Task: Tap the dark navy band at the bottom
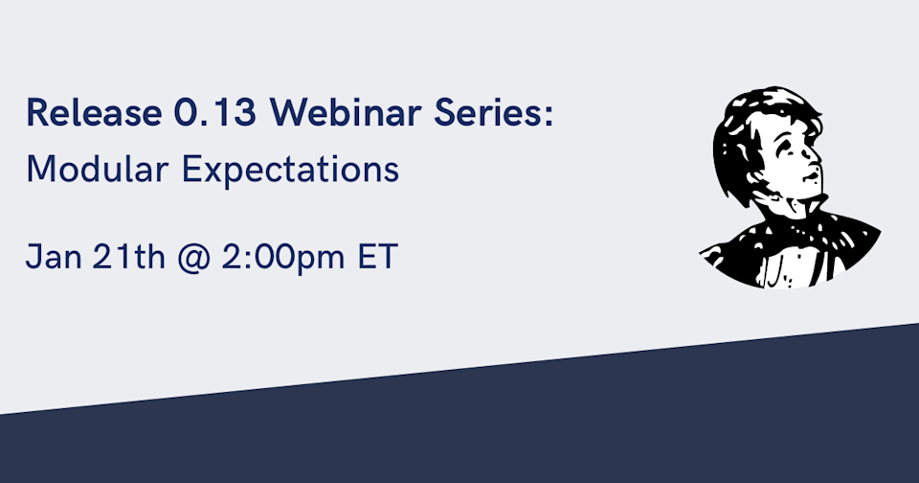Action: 574,431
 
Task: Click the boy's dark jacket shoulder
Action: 852,240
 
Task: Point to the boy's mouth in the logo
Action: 811,178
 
